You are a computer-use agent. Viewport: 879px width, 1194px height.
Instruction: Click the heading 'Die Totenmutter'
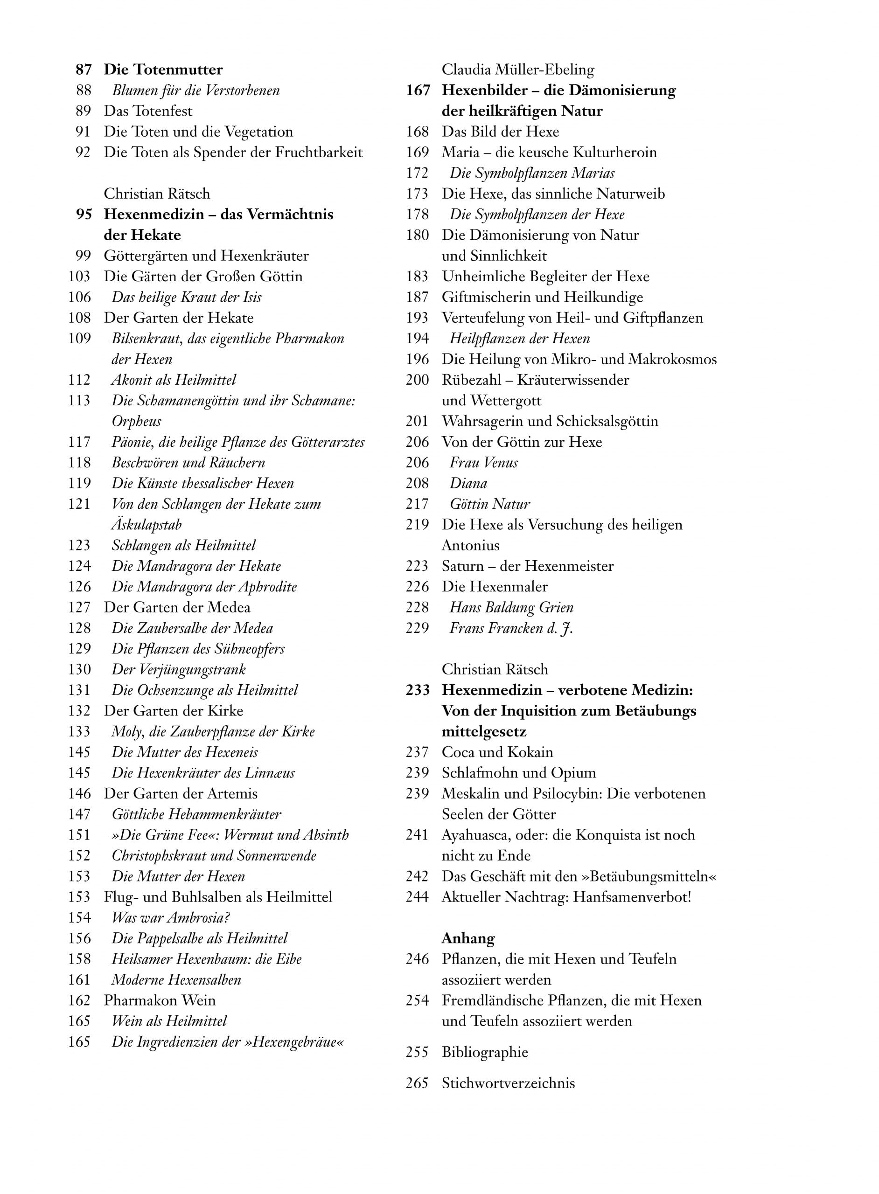pyautogui.click(x=163, y=69)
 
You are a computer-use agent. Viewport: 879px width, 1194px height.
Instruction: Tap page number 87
pyautogui.click(x=84, y=69)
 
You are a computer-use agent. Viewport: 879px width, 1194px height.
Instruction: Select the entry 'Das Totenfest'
pyautogui.click(x=148, y=111)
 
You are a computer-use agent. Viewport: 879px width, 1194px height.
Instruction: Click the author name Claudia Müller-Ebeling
pyautogui.click(x=518, y=69)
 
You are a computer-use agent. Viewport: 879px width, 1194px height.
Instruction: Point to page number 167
pyautogui.click(x=418, y=90)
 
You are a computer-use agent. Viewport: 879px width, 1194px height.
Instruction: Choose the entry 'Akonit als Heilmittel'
pyautogui.click(x=174, y=380)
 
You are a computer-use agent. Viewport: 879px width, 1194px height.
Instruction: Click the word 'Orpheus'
pyautogui.click(x=136, y=421)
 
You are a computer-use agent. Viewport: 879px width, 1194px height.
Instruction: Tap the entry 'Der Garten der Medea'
pyautogui.click(x=177, y=607)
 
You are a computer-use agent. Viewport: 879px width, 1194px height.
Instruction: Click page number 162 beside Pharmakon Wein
pyautogui.click(x=79, y=1000)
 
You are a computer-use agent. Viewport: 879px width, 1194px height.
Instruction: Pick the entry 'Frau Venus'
pyautogui.click(x=483, y=463)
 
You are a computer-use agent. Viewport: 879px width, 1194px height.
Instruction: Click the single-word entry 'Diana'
pyautogui.click(x=468, y=484)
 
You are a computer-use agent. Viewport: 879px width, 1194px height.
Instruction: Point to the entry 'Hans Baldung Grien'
pyautogui.click(x=511, y=607)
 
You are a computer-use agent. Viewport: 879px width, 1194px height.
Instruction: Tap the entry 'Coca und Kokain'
pyautogui.click(x=497, y=752)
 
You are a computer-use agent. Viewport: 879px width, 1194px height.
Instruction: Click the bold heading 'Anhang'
pyautogui.click(x=467, y=938)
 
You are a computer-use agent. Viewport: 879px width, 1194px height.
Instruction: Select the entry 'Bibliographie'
pyautogui.click(x=485, y=1053)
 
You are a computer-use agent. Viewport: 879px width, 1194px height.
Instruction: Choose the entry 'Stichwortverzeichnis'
pyautogui.click(x=508, y=1083)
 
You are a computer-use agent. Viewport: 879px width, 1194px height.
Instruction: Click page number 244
pyautogui.click(x=417, y=897)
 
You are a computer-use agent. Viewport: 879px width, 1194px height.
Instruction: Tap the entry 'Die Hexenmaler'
pyautogui.click(x=494, y=587)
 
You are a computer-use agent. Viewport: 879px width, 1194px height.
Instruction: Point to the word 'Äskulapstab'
pyautogui.click(x=146, y=525)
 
